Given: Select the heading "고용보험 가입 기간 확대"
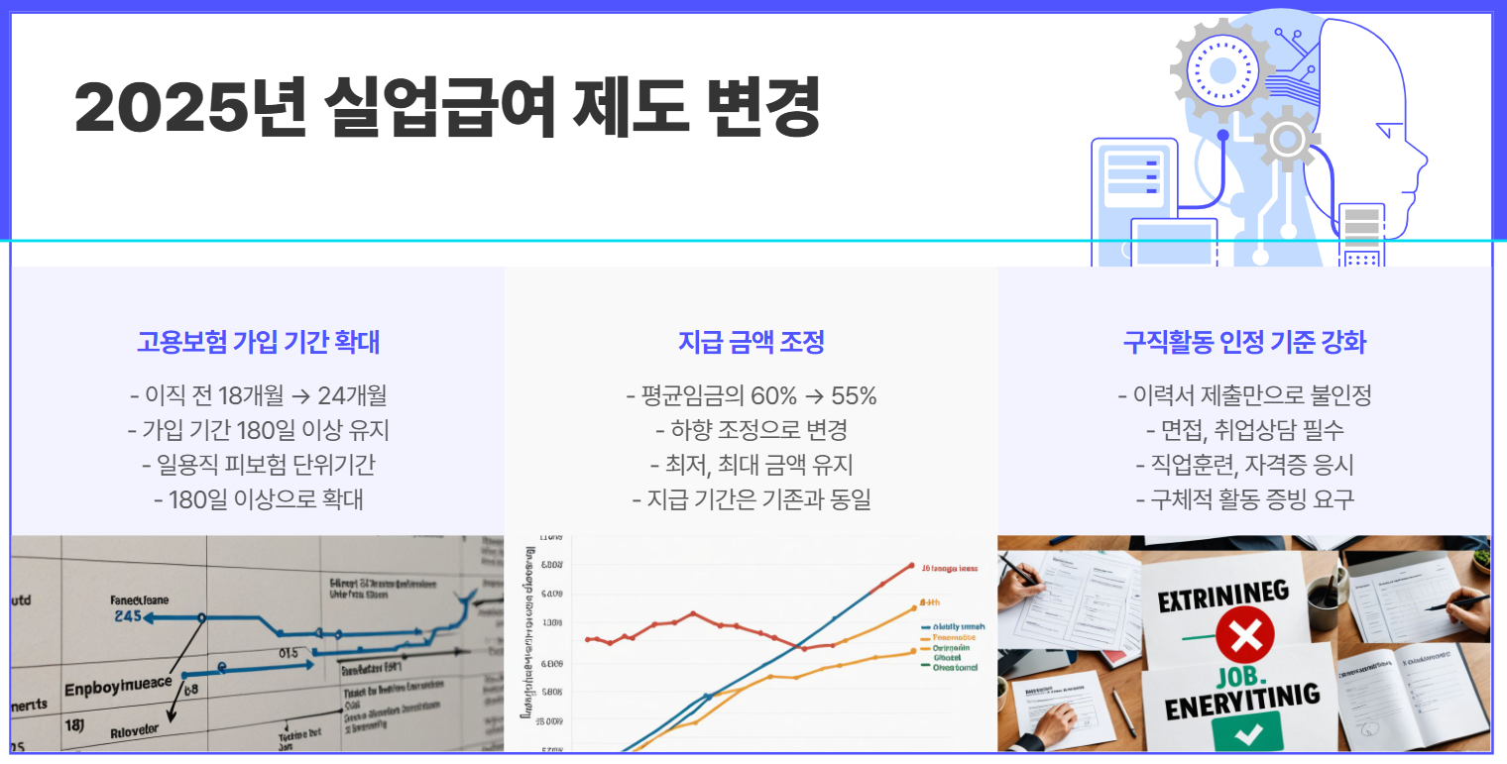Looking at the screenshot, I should (258, 343).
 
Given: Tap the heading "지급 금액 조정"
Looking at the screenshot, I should (751, 343).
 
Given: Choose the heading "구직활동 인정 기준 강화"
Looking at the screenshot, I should (1244, 343).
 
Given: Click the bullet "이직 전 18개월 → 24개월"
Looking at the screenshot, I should (258, 396).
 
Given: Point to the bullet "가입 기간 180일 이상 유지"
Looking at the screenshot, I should (258, 431).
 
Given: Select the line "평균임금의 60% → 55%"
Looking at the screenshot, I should (751, 396).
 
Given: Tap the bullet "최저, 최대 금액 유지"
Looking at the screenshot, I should (751, 465).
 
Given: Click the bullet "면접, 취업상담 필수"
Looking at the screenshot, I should (1244, 431).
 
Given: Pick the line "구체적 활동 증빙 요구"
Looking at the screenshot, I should (1244, 499).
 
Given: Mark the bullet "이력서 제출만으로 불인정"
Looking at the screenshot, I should (1244, 396).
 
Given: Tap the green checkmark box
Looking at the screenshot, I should (1245, 733).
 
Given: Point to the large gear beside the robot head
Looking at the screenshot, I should (1221, 66).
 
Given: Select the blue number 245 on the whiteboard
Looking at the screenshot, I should (128, 616).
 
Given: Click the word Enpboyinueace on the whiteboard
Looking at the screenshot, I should (117, 686).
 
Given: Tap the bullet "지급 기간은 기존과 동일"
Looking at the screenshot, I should (751, 499).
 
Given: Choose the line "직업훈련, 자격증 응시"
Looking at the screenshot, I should (1244, 465).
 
